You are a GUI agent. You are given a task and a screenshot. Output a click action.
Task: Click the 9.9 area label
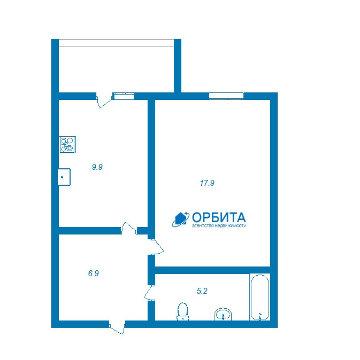click(97, 167)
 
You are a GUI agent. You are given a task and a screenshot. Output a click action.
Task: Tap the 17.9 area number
click(207, 183)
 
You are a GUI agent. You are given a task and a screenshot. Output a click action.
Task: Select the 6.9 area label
click(93, 273)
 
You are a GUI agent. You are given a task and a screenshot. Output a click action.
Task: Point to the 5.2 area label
click(202, 291)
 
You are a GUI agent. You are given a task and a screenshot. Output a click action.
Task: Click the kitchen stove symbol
click(67, 144)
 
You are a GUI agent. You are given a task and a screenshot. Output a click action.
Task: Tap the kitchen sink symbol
click(64, 177)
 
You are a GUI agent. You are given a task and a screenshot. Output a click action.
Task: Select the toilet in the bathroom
click(183, 311)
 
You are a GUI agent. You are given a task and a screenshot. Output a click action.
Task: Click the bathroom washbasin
click(223, 314)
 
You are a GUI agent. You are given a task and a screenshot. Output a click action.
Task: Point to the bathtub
click(260, 297)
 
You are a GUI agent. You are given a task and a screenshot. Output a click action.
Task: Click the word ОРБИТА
click(219, 217)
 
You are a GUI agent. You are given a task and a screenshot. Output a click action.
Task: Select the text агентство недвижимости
click(219, 226)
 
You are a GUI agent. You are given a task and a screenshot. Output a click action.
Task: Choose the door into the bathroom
click(150, 293)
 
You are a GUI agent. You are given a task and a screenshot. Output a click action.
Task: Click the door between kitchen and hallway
click(129, 228)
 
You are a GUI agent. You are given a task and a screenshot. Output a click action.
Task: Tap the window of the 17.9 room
click(226, 96)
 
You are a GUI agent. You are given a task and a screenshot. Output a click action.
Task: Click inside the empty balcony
click(116, 69)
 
